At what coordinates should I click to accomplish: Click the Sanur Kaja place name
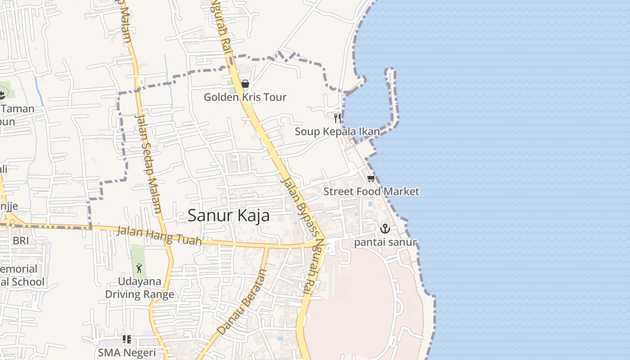[229, 216]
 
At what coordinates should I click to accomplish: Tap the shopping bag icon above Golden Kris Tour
[245, 84]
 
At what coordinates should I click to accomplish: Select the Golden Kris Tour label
[245, 97]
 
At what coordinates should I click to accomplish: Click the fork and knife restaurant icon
[337, 118]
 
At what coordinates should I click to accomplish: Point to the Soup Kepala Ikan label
[337, 131]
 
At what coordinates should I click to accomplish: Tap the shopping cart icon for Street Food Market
[371, 179]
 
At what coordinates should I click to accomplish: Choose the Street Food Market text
[371, 191]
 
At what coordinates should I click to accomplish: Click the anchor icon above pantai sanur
[385, 229]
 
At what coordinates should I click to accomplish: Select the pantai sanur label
[385, 243]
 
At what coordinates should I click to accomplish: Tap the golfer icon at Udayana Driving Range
[139, 268]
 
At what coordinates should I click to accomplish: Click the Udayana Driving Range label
[139, 288]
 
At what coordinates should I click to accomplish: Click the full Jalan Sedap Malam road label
[148, 163]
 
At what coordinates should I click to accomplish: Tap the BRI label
[21, 241]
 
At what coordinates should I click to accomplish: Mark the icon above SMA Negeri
[127, 339]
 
